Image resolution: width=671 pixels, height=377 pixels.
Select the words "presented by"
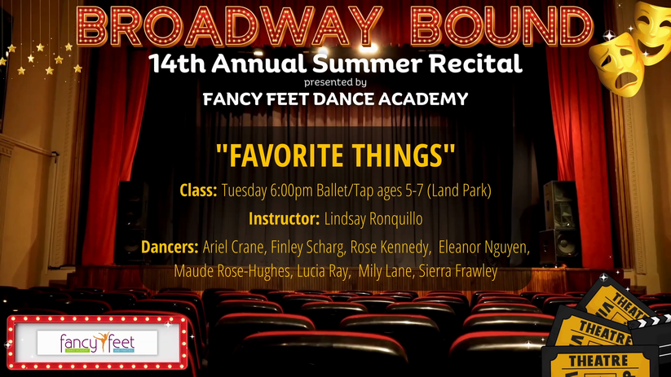pyautogui.click(x=335, y=82)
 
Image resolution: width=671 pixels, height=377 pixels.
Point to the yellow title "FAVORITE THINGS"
pyautogui.click(x=336, y=156)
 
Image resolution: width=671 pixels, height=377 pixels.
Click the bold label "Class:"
pyautogui.click(x=198, y=191)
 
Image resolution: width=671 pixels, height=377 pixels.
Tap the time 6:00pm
pyautogui.click(x=291, y=191)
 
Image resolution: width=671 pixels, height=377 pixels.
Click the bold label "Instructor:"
pyautogui.click(x=285, y=219)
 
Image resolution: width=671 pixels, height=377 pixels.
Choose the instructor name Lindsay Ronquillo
pyautogui.click(x=373, y=219)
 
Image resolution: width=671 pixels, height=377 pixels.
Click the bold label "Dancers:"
pyautogui.click(x=170, y=247)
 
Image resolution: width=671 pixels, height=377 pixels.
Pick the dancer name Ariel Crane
pyautogui.click(x=234, y=247)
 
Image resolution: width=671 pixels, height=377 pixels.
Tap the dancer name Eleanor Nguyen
pyautogui.click(x=484, y=247)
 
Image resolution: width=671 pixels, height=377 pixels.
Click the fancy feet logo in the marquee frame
pyautogui.click(x=97, y=343)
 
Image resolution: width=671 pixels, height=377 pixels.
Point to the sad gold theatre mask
pyautogui.click(x=617, y=64)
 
